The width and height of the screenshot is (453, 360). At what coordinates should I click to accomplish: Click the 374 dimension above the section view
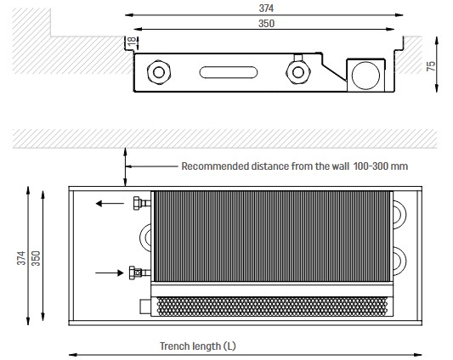coord(266,8)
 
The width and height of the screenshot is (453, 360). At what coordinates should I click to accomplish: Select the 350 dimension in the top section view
coord(266,24)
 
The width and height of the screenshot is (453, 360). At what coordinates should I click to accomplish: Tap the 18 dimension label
coord(132,41)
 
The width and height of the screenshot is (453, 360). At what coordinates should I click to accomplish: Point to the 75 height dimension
coord(430,66)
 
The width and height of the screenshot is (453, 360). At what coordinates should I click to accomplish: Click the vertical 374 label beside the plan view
coord(21,258)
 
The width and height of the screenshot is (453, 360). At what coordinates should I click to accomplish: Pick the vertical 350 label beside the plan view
coord(36,258)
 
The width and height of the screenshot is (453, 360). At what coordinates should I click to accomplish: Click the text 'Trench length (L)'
coord(198,346)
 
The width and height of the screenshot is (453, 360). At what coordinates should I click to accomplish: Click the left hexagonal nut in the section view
coord(159,72)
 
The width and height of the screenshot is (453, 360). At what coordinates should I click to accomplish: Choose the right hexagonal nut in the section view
coord(298,72)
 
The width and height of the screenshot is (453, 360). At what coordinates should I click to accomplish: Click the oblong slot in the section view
coord(229,72)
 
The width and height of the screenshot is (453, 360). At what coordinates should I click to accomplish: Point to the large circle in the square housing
coord(365,76)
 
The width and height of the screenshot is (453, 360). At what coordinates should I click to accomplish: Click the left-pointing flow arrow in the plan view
coord(110,204)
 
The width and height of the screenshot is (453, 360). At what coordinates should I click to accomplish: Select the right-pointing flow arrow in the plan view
coord(110,273)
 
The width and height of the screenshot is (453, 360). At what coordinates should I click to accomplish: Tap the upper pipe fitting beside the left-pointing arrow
coord(142,203)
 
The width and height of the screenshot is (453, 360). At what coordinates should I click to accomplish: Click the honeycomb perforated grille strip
coord(272,306)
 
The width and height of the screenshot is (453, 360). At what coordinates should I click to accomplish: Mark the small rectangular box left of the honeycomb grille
coord(145,307)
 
